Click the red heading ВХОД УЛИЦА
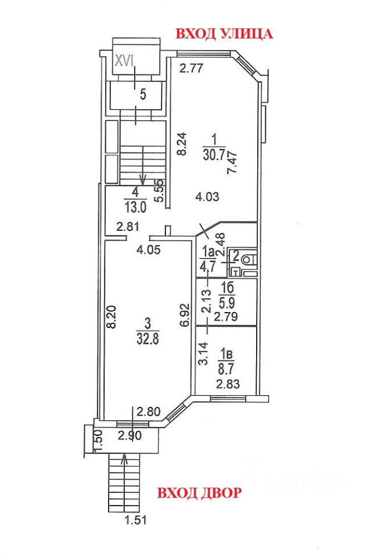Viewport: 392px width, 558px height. click(224, 34)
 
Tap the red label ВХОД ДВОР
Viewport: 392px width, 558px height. click(199, 493)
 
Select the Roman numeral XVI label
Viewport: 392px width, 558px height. click(125, 60)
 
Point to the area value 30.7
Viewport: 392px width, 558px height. click(214, 154)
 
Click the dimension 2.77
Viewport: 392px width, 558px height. click(190, 69)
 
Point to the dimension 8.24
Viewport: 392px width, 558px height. click(181, 144)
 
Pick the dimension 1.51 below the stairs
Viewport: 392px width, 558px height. click(135, 521)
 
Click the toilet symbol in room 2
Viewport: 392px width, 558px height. click(249, 259)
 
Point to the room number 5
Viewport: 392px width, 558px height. click(143, 94)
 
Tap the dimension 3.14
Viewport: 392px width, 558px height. click(203, 353)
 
